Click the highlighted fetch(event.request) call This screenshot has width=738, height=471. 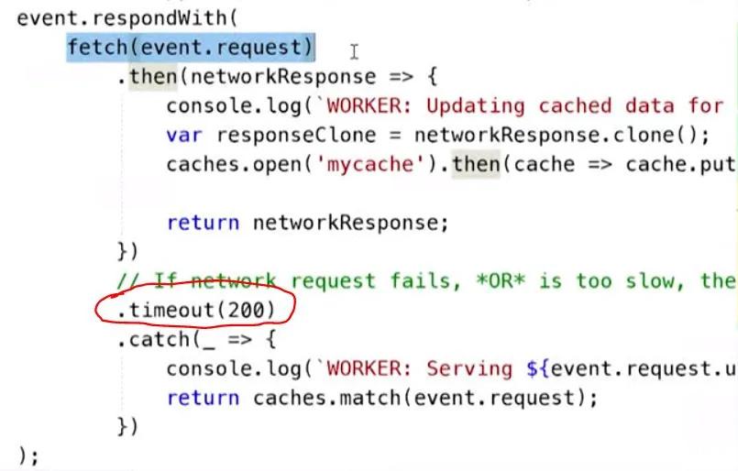click(x=191, y=47)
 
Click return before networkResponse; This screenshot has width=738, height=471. click(x=204, y=223)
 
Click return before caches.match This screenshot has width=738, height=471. click(x=204, y=398)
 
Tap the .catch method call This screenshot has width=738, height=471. click(x=147, y=340)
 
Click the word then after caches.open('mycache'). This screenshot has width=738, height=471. click(x=476, y=165)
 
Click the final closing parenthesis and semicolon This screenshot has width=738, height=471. click(x=28, y=455)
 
